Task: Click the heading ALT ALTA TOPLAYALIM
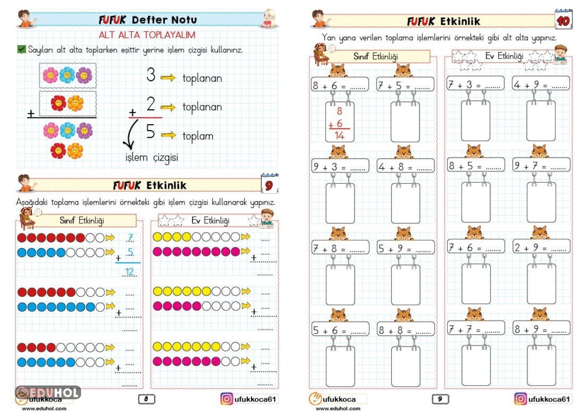pyautogui.click(x=147, y=35)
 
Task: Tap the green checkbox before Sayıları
pyautogui.click(x=21, y=49)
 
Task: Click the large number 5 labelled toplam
pyautogui.click(x=151, y=132)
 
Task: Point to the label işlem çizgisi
pyautogui.click(x=152, y=158)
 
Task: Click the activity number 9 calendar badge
pyautogui.click(x=269, y=185)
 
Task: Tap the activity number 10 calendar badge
pyautogui.click(x=563, y=20)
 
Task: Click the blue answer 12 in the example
pyautogui.click(x=130, y=272)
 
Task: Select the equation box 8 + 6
pyautogui.click(x=340, y=85)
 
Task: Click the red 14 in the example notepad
pyautogui.click(x=340, y=135)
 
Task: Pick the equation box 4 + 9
pyautogui.click(x=541, y=85)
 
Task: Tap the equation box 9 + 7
pyautogui.click(x=541, y=166)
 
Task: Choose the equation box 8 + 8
pyautogui.click(x=405, y=329)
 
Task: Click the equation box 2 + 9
pyautogui.click(x=541, y=247)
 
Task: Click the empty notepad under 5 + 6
pyautogui.click(x=340, y=366)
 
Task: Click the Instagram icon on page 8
pyautogui.click(x=227, y=399)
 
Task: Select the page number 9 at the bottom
pyautogui.click(x=440, y=399)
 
